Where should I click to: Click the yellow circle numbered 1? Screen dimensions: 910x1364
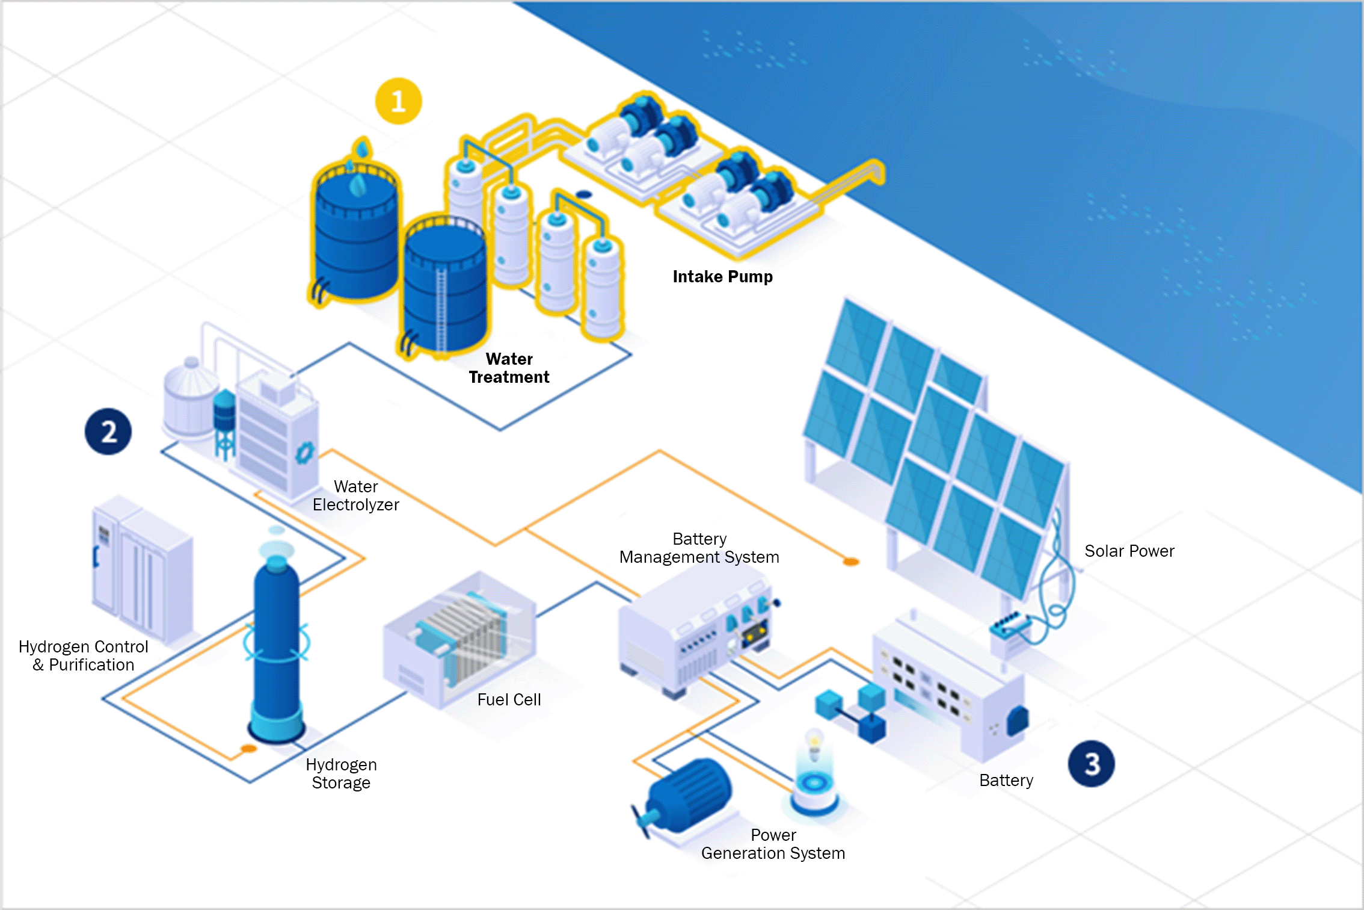(x=398, y=101)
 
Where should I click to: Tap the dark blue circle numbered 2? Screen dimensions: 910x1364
(x=108, y=432)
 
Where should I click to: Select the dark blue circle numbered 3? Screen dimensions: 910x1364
(x=1091, y=763)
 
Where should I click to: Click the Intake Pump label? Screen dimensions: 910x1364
(x=722, y=277)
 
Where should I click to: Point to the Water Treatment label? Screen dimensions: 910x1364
(x=509, y=368)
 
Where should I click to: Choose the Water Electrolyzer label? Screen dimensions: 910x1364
(x=355, y=495)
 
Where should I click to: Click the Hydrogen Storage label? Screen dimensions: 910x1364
(x=341, y=773)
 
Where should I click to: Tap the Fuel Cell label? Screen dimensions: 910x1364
(x=509, y=699)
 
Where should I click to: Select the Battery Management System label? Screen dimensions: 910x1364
(x=699, y=548)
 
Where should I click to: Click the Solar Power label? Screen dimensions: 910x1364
(x=1129, y=551)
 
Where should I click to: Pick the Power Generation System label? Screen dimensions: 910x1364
(x=773, y=844)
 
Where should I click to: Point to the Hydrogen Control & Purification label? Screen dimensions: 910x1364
(x=83, y=655)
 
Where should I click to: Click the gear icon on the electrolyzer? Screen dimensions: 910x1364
(x=305, y=452)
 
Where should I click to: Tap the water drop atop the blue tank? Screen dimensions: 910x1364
(x=362, y=148)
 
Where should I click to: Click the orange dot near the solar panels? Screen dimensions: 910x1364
(x=851, y=562)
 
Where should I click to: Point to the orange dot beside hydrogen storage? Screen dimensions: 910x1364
(x=248, y=749)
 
